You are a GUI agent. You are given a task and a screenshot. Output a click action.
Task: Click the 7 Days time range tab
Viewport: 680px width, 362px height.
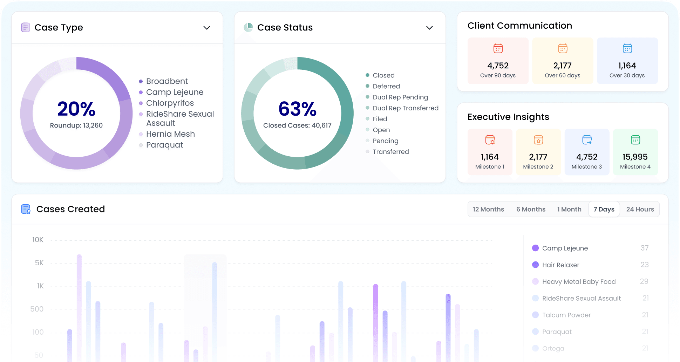click(604, 209)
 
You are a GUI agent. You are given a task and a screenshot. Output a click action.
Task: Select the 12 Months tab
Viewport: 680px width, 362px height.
click(488, 209)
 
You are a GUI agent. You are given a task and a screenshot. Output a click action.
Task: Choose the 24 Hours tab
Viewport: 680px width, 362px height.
click(640, 209)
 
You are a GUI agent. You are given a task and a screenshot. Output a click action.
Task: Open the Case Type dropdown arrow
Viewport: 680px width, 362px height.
click(207, 28)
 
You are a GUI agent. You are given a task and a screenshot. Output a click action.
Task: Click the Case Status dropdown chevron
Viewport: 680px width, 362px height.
click(429, 28)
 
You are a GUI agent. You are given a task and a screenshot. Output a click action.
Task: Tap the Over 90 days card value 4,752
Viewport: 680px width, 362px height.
click(498, 66)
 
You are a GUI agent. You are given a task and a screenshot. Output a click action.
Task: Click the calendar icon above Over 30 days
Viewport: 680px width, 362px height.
click(627, 48)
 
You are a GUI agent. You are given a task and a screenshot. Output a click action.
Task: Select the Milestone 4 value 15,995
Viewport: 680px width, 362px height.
click(635, 157)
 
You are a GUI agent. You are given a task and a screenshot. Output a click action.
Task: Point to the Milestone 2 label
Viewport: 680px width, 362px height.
click(538, 167)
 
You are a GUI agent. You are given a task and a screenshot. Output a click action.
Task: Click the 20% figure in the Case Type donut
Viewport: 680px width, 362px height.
click(76, 109)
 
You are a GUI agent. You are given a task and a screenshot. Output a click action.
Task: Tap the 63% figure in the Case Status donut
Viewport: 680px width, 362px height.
click(298, 109)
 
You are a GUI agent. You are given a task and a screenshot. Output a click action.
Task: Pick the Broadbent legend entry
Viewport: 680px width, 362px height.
click(167, 81)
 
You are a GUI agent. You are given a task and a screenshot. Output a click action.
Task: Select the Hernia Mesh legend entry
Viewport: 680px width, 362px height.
click(170, 134)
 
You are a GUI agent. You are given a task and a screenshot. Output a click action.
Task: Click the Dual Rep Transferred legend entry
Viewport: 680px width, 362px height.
click(406, 108)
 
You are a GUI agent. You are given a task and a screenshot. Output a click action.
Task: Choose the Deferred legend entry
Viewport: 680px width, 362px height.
click(386, 86)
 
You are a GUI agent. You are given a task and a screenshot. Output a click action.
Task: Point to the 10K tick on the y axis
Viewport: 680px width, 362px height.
click(38, 240)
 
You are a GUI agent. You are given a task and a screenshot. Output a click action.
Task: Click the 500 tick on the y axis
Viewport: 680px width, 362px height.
click(37, 309)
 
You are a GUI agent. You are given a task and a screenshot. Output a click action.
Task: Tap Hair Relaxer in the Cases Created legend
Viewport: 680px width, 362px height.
click(560, 265)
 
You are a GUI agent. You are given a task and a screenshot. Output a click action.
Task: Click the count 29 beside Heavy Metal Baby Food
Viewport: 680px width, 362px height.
click(644, 281)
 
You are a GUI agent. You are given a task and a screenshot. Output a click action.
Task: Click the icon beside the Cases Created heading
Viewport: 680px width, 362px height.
click(26, 209)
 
